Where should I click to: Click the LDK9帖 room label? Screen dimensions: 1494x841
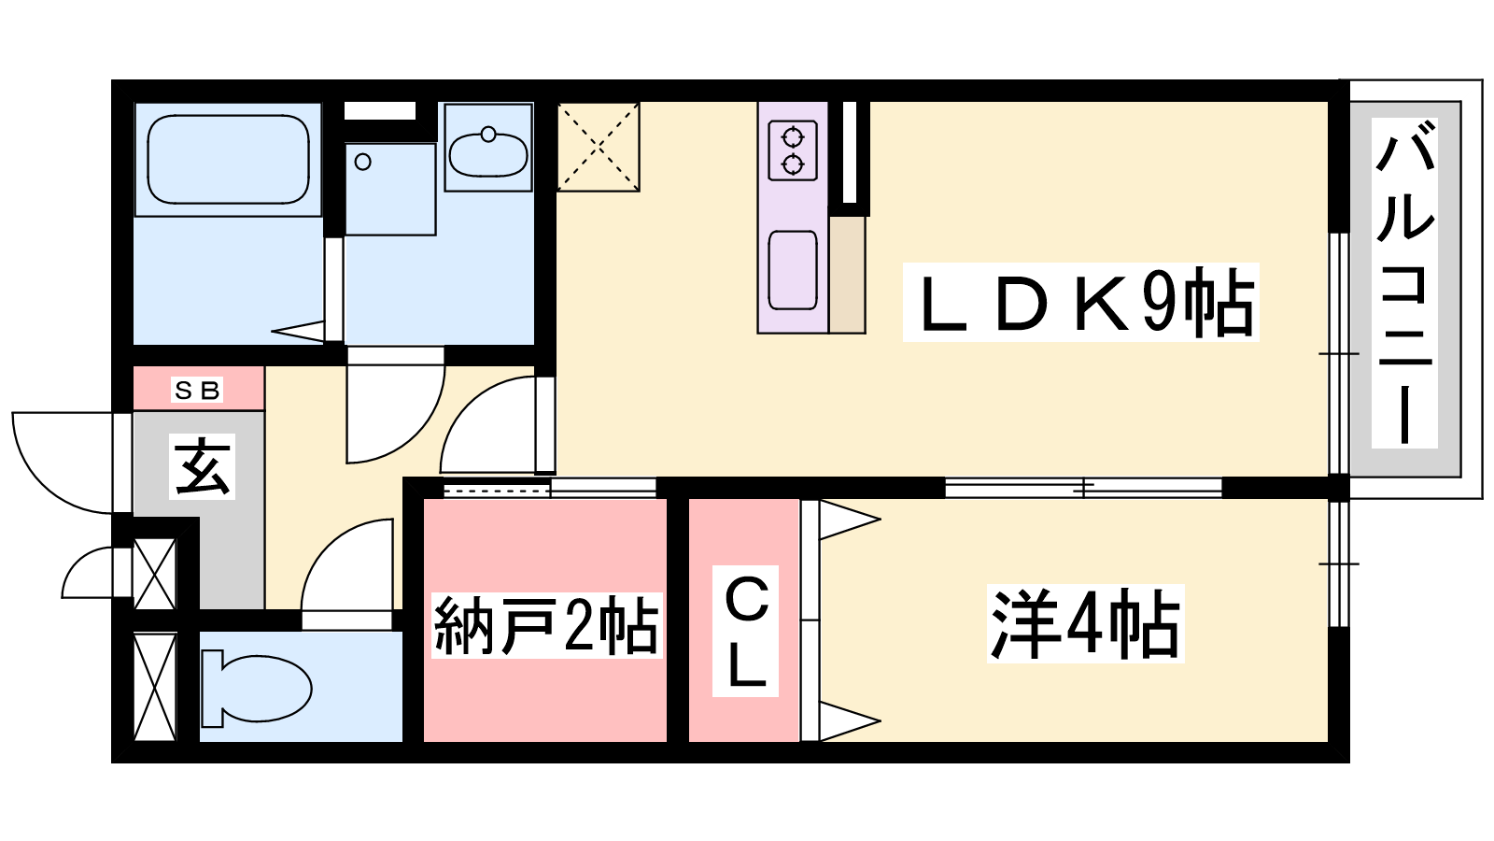(x=1080, y=303)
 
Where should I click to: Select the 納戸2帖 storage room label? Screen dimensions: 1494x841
(x=546, y=625)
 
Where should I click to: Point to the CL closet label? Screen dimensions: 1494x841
(x=745, y=631)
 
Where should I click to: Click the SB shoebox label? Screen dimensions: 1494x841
(x=197, y=390)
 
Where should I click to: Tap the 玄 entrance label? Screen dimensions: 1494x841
(x=202, y=466)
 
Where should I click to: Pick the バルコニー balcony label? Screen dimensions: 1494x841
(x=1404, y=283)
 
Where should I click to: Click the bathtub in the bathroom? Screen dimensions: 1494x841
(x=228, y=159)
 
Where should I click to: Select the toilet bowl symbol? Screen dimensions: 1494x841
(x=257, y=688)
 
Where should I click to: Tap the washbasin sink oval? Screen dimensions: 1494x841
(x=488, y=153)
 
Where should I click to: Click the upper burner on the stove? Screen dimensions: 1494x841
(x=793, y=137)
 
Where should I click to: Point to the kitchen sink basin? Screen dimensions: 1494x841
(x=793, y=270)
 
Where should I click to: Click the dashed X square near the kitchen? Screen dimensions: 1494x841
(x=599, y=147)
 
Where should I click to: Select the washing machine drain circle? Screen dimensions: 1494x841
(x=363, y=162)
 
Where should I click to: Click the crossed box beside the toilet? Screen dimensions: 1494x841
(x=155, y=686)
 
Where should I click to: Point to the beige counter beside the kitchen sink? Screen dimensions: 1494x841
(x=847, y=275)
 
